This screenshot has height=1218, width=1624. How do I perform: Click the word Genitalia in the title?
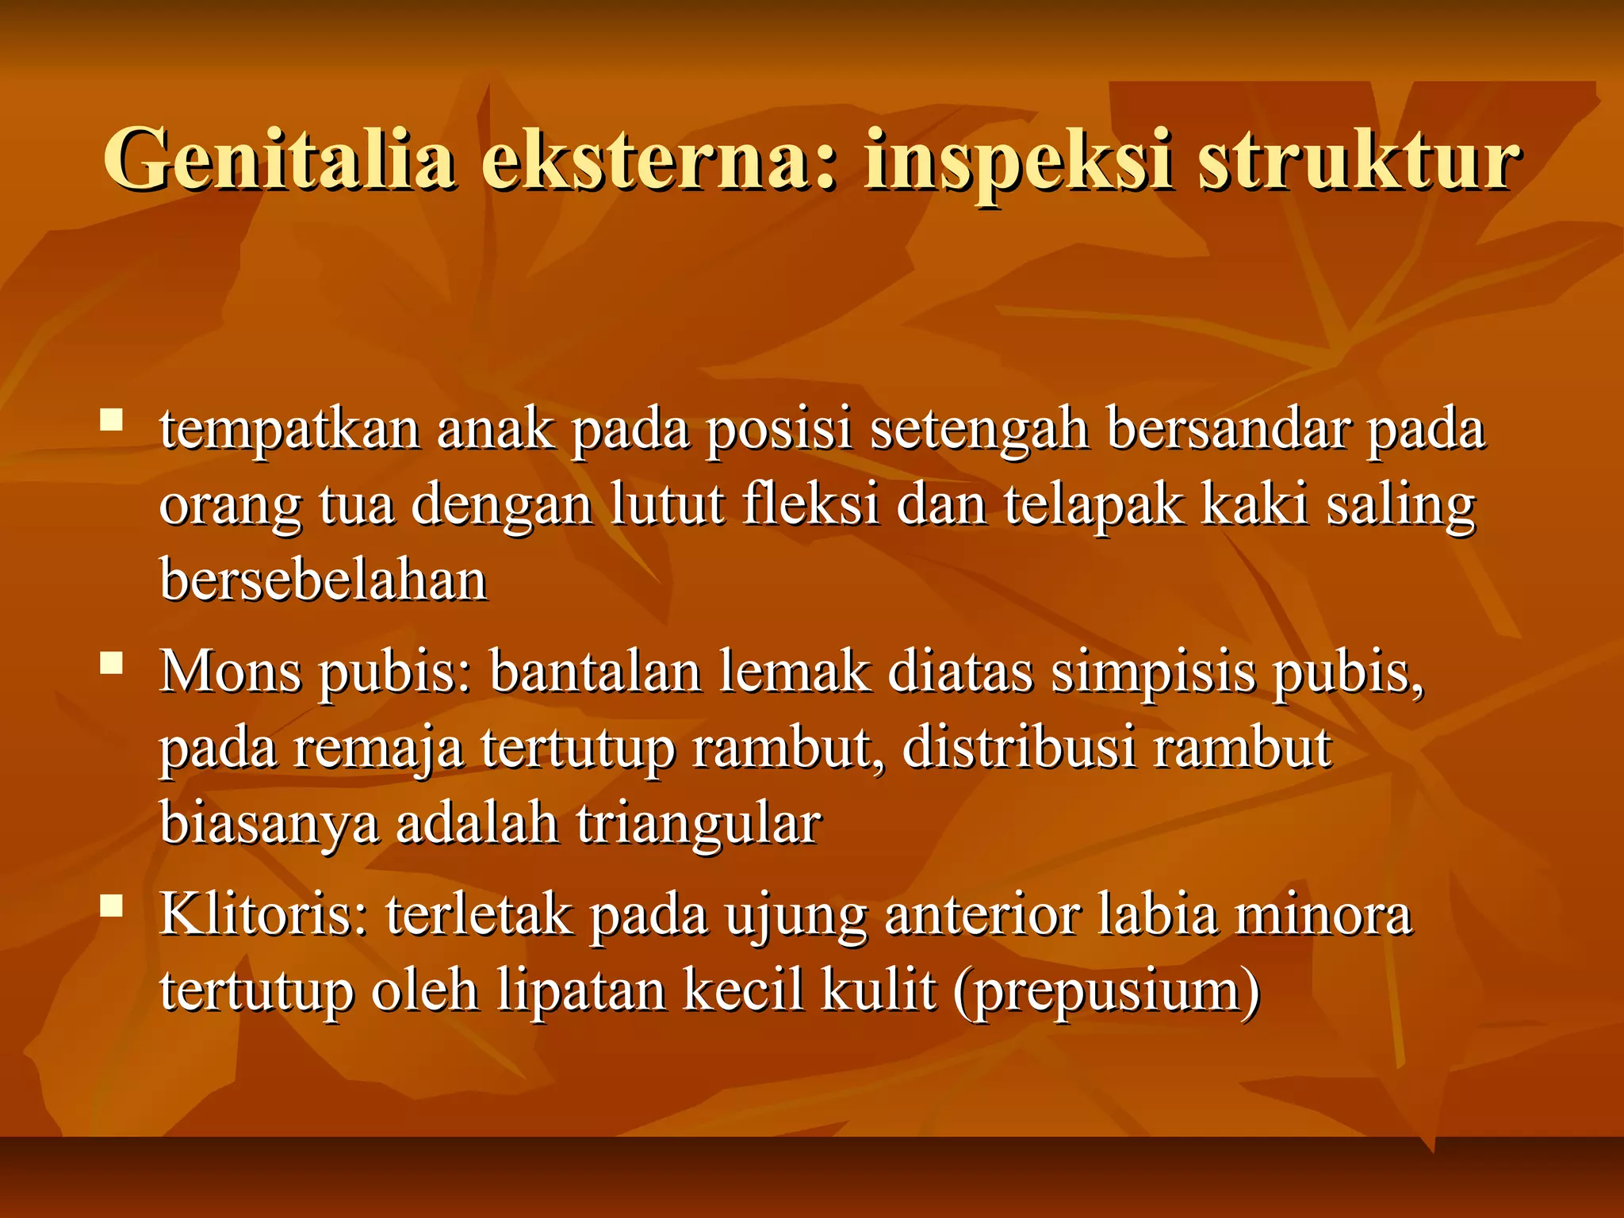pyautogui.click(x=279, y=160)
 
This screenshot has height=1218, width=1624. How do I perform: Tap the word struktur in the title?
pyautogui.click(x=1358, y=160)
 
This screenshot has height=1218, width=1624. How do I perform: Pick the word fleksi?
pyautogui.click(x=810, y=504)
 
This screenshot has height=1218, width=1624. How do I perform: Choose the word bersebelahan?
pyautogui.click(x=324, y=580)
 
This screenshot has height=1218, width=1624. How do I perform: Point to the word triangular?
pyautogui.click(x=698, y=825)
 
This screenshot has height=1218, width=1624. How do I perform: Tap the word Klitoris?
pyautogui.click(x=264, y=915)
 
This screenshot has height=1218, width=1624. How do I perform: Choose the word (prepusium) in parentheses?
pyautogui.click(x=1107, y=991)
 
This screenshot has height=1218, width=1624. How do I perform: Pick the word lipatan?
pyautogui.click(x=581, y=991)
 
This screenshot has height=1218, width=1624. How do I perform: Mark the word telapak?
pyautogui.click(x=1094, y=504)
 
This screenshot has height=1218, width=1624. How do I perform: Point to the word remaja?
pyautogui.click(x=378, y=748)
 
